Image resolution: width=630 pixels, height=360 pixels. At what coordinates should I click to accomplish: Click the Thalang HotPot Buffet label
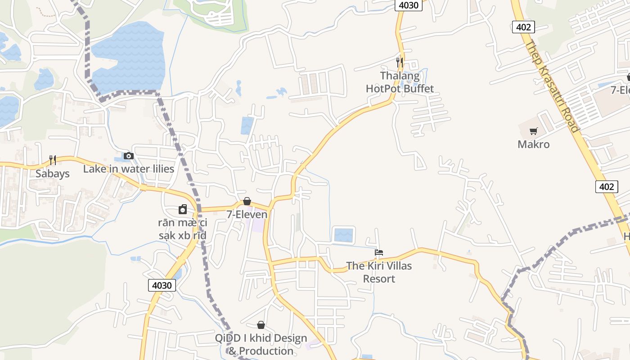click(400, 82)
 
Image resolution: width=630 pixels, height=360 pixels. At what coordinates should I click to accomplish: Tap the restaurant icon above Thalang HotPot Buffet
click(399, 62)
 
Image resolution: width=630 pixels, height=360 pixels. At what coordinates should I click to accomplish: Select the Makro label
click(533, 144)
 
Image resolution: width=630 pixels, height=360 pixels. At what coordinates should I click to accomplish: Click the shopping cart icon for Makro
click(533, 131)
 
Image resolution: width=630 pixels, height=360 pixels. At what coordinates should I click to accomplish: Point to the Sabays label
click(53, 174)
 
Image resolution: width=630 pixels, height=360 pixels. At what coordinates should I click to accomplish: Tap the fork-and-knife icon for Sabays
click(53, 160)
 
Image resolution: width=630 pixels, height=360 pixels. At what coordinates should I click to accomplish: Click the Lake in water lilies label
click(129, 169)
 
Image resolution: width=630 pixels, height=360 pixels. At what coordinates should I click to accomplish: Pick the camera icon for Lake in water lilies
click(129, 156)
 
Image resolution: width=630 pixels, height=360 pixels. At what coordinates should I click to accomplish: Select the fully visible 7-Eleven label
click(247, 214)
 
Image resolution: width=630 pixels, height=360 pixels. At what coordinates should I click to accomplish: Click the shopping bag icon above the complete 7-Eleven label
click(247, 201)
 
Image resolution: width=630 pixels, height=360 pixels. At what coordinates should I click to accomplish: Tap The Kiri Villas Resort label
click(379, 272)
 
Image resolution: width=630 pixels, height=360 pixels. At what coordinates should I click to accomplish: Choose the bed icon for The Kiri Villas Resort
click(379, 252)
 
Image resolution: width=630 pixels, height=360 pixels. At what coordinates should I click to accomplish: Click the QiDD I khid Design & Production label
click(261, 344)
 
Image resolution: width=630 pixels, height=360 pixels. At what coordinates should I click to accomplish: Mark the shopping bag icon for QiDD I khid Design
click(261, 325)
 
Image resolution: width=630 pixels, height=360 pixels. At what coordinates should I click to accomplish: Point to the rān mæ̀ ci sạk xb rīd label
click(182, 229)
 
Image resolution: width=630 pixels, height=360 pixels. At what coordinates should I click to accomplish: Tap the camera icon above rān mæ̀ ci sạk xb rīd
click(182, 210)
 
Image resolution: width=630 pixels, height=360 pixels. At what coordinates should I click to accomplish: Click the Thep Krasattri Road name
click(552, 87)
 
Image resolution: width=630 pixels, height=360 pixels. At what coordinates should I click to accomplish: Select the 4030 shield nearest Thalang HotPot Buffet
click(409, 5)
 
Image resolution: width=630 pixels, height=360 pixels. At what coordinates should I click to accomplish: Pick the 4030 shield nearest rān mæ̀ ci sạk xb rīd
click(162, 285)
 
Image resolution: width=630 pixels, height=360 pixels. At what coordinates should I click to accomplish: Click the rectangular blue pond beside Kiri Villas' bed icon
click(344, 235)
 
